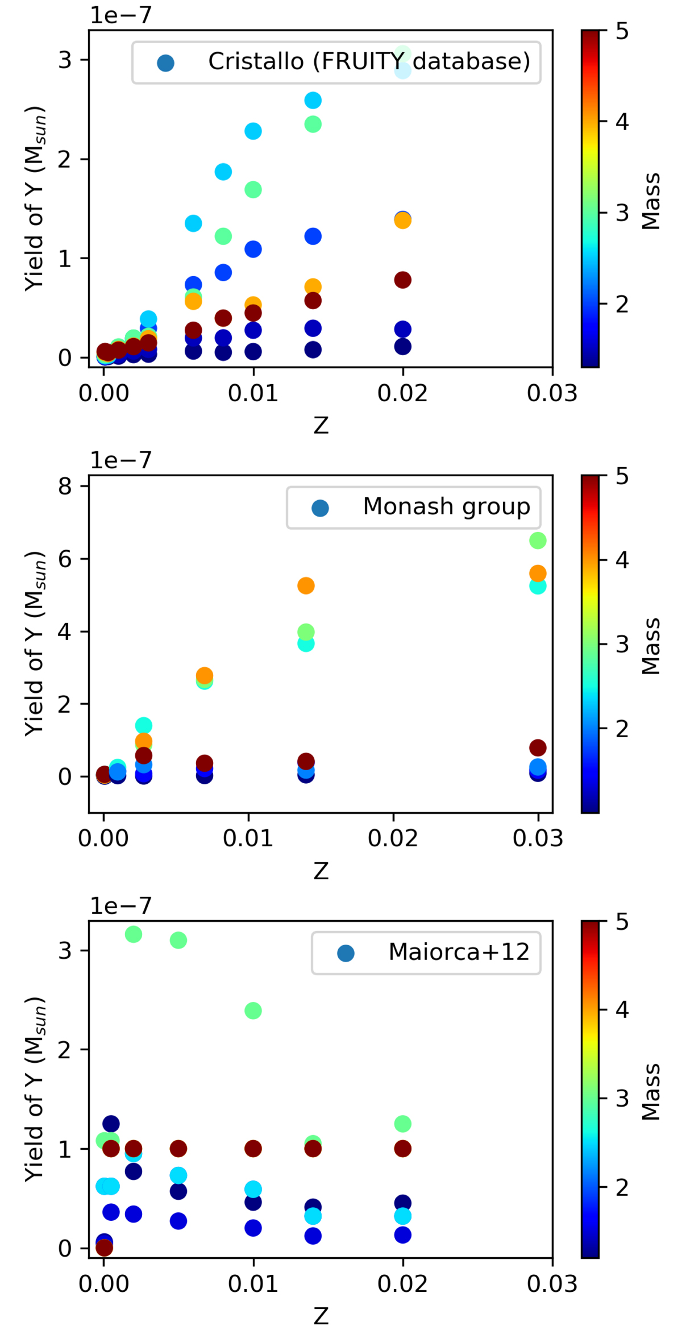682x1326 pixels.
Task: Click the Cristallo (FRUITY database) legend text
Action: click(369, 61)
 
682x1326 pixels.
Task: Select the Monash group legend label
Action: click(446, 506)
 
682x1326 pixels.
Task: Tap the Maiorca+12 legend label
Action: click(459, 951)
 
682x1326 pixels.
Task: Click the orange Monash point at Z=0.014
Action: click(306, 585)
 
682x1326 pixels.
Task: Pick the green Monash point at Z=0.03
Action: click(538, 541)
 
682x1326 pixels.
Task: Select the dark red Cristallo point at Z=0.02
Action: click(402, 280)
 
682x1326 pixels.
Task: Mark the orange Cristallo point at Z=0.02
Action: click(402, 221)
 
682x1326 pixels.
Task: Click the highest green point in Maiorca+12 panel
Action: click(133, 934)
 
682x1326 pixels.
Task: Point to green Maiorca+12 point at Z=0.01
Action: click(253, 1011)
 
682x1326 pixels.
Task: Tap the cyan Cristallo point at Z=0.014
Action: click(313, 101)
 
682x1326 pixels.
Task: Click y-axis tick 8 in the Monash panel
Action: click(65, 487)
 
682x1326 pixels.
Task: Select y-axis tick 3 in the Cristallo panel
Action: click(65, 60)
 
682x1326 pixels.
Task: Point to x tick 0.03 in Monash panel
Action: click(538, 838)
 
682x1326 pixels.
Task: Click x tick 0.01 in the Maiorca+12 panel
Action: click(253, 1283)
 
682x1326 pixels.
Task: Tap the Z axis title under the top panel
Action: click(321, 425)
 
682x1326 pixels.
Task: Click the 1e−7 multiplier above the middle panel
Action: click(120, 460)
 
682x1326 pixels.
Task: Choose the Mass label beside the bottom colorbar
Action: click(651, 1091)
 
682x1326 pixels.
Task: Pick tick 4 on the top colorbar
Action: click(622, 122)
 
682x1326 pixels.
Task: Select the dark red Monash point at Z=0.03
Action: click(538, 747)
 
